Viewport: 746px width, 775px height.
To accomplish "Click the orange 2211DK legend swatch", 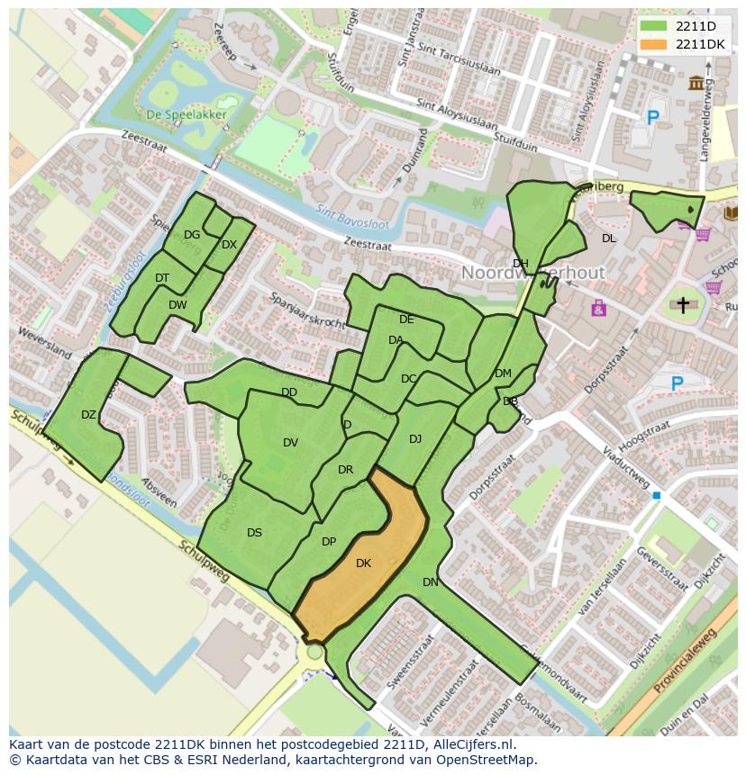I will (x=655, y=44).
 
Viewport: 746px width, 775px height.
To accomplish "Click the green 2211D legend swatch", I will (x=655, y=26).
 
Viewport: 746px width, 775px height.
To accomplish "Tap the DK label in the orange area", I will (x=363, y=563).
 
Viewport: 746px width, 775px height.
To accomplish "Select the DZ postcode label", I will (x=88, y=415).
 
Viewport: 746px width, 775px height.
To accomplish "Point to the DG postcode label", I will (x=192, y=235).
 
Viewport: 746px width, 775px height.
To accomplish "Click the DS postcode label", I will (x=254, y=533).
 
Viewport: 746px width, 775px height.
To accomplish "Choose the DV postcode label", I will (x=290, y=442).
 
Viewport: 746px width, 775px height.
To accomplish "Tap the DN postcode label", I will (x=431, y=582).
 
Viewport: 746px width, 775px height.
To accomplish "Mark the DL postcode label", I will (x=609, y=239).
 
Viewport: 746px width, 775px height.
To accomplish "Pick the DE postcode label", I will (x=406, y=320).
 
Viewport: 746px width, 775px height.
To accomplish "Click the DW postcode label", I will (x=177, y=305).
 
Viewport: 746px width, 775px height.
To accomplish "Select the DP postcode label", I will (x=329, y=542).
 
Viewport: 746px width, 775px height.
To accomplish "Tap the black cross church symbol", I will (x=683, y=306).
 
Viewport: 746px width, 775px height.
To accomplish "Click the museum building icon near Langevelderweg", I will (x=696, y=84).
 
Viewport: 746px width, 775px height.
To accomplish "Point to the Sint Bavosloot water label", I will (x=349, y=212).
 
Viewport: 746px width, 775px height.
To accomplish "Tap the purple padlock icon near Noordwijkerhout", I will (x=598, y=309).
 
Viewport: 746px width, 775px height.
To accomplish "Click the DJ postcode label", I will (x=415, y=439).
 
